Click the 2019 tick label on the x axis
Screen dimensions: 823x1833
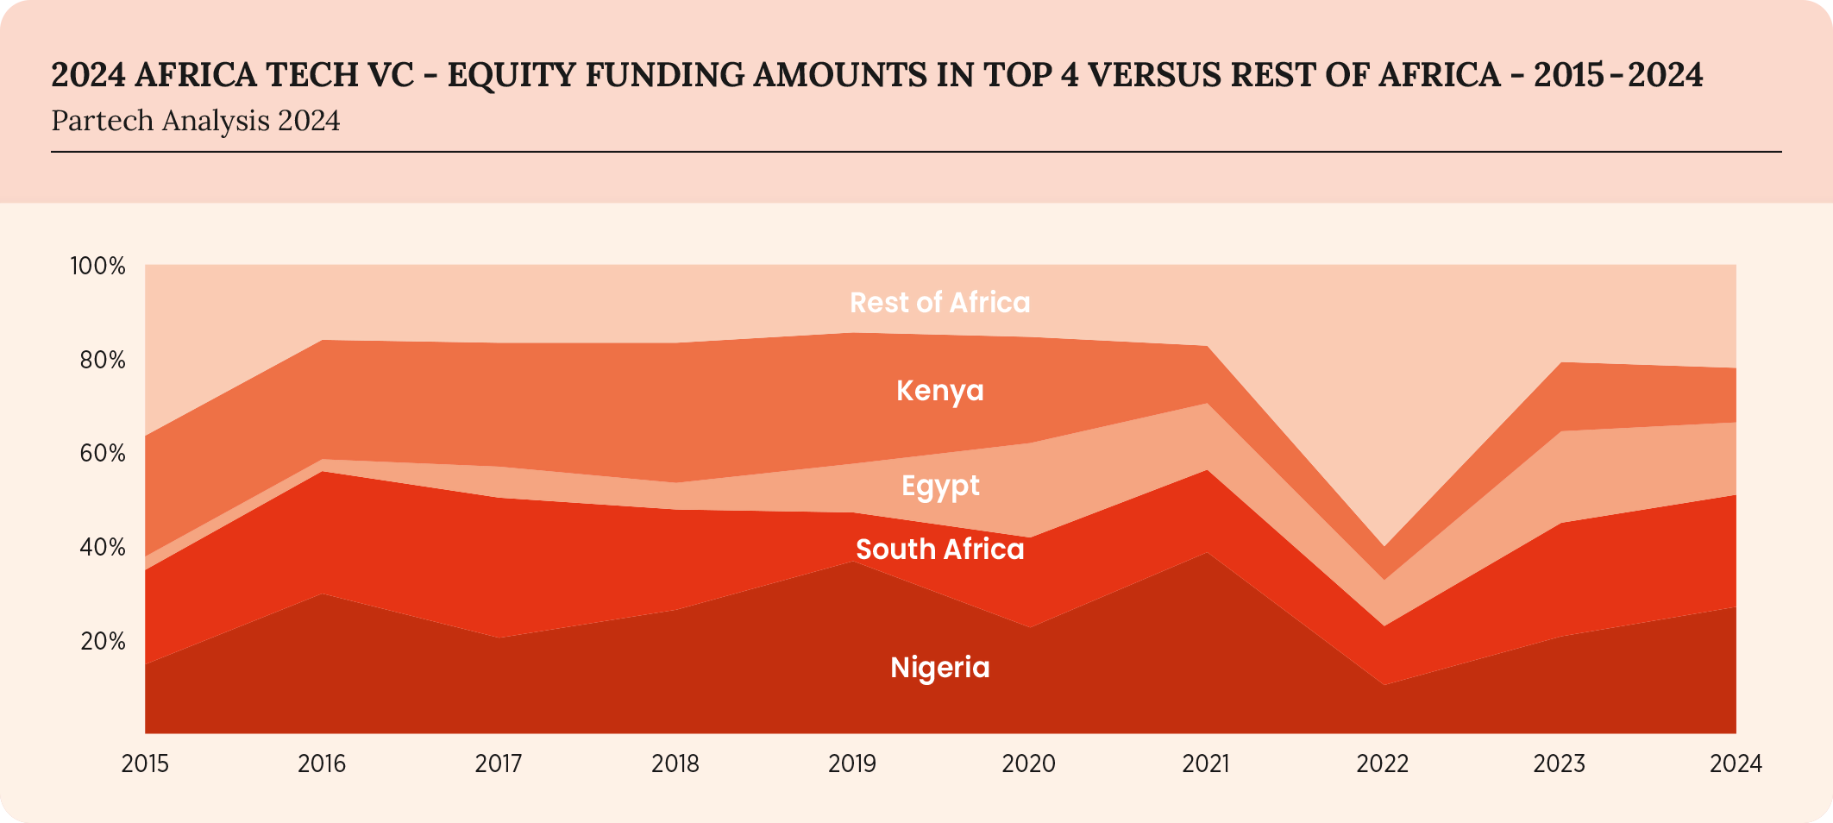851,763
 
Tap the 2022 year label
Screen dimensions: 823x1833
1382,763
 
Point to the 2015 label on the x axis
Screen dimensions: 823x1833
145,763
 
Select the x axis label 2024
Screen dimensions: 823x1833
1736,763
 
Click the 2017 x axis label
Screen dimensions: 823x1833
499,763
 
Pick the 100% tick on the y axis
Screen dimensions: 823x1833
97,266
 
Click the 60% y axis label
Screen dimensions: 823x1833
103,453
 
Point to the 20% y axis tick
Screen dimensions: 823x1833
103,641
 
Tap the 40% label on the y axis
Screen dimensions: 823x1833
103,547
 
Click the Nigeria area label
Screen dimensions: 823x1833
939,667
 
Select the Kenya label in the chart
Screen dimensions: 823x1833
939,390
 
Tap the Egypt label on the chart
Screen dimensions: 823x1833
939,486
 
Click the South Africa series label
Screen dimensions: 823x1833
939,549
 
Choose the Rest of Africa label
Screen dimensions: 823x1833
939,302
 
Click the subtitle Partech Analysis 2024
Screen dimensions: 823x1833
196,121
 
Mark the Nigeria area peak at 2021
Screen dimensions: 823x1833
1207,554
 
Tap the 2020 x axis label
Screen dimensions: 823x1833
1028,763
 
